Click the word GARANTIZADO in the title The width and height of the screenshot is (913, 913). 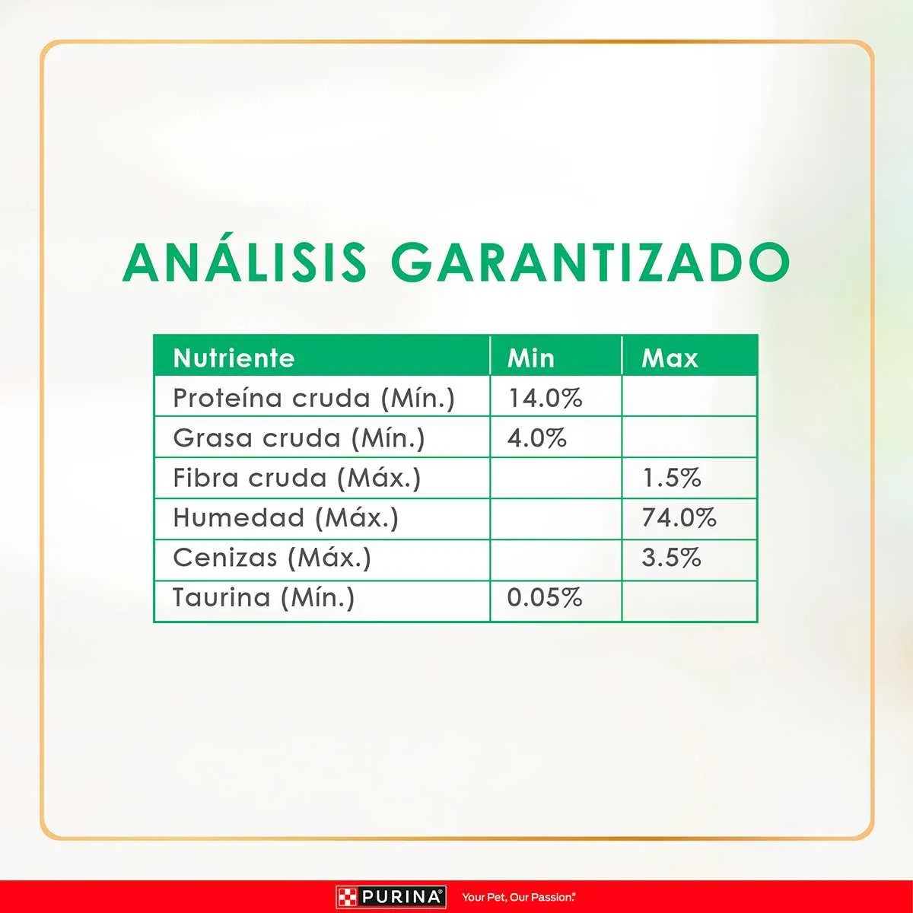click(590, 262)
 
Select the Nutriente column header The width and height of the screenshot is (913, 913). click(234, 358)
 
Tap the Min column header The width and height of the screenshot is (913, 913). click(530, 358)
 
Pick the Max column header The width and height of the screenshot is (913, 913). click(670, 358)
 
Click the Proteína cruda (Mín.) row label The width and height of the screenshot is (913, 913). click(313, 398)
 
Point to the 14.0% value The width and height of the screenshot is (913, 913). click(545, 398)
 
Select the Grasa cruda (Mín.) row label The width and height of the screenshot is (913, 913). click(298, 438)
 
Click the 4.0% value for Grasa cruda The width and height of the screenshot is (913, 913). click(537, 438)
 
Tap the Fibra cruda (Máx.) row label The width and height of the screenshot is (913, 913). click(297, 478)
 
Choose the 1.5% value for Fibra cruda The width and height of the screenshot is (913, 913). click(671, 478)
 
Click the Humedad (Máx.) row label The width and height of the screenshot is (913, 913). click(286, 518)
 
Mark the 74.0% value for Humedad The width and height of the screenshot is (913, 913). click(679, 518)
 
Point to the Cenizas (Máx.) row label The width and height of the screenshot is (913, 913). click(272, 558)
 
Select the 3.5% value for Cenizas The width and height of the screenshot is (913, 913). click(671, 558)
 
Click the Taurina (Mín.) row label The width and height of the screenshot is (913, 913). click(263, 597)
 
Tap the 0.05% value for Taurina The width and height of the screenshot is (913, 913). click(545, 597)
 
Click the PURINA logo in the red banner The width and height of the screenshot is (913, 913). click(391, 897)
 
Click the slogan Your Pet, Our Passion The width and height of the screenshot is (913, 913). click(519, 897)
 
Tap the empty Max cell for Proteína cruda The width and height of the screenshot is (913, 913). click(689, 396)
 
